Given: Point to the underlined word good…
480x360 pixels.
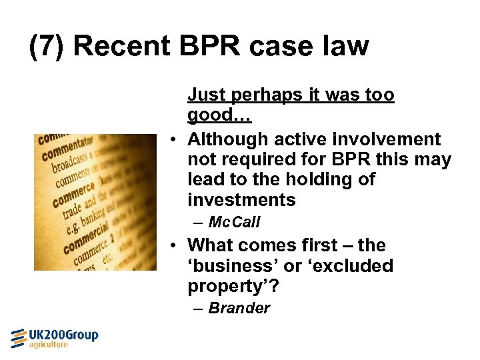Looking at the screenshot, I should [219, 115].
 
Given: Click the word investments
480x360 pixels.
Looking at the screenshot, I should [241, 199].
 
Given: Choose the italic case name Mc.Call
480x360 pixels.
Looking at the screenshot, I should [234, 222].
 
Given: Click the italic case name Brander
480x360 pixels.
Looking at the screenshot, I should [239, 308].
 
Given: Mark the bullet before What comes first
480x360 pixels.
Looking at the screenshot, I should [172, 246].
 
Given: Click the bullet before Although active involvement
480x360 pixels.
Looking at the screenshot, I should [172, 139].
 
